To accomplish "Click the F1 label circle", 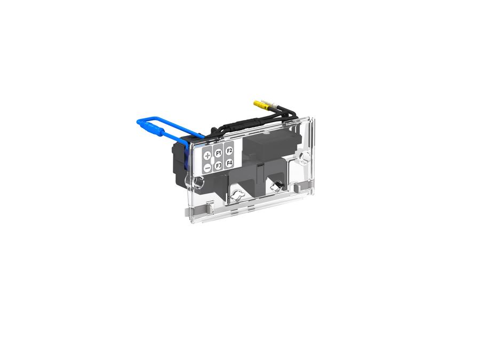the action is [x=218, y=153].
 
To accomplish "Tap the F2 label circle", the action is [x=229, y=150].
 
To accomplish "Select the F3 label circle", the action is [x=218, y=166].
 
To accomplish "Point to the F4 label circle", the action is [x=229, y=163].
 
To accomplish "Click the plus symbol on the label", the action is [x=207, y=155].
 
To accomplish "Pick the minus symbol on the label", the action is [x=207, y=168].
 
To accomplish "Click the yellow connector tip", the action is [x=260, y=105].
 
